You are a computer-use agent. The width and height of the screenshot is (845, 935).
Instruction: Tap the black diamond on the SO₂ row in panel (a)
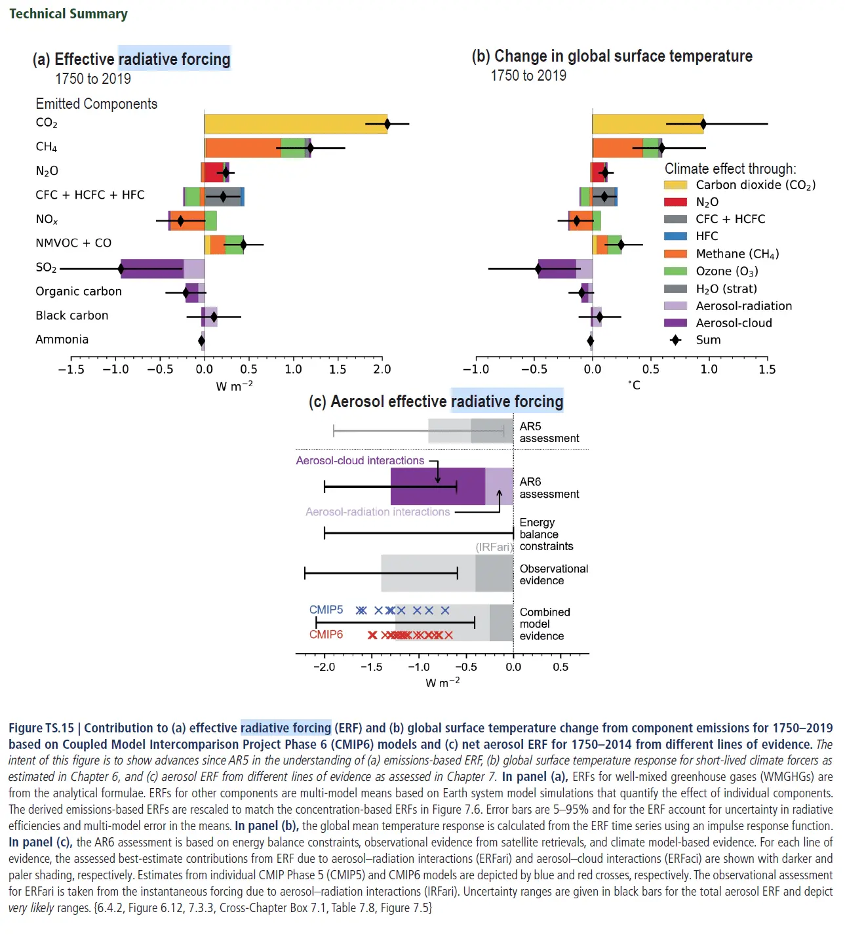pos(121,268)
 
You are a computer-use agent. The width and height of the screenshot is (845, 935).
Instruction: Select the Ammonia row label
pos(62,340)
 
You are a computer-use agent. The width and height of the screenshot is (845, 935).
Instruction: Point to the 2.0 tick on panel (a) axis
pos(382,369)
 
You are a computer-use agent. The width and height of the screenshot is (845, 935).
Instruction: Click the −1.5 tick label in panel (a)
pos(71,369)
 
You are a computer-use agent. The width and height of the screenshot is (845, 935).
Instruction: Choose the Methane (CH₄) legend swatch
pos(675,254)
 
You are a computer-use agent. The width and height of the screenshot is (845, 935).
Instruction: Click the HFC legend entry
pos(707,236)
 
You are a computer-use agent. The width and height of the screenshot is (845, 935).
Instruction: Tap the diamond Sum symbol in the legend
pos(675,340)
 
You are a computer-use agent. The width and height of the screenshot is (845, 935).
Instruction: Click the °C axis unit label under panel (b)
pos(634,385)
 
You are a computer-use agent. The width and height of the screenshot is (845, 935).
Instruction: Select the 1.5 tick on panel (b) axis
pos(767,369)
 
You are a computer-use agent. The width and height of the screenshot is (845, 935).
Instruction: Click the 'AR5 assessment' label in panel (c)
pos(549,433)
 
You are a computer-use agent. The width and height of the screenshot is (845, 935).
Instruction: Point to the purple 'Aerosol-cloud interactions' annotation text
pos(360,461)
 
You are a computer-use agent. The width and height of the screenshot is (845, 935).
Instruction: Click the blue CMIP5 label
pos(326,610)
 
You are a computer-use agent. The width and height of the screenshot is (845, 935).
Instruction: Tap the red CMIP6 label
pos(326,635)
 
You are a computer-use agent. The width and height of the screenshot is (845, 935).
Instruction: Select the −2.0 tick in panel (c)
pos(324,667)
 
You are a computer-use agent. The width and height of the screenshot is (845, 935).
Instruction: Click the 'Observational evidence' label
pos(553,575)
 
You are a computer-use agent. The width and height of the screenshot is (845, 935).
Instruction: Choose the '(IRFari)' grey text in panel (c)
pos(494,547)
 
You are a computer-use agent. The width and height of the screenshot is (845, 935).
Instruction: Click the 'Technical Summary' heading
pos(68,14)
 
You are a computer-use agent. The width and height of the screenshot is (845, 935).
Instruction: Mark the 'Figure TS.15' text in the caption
pos(41,728)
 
